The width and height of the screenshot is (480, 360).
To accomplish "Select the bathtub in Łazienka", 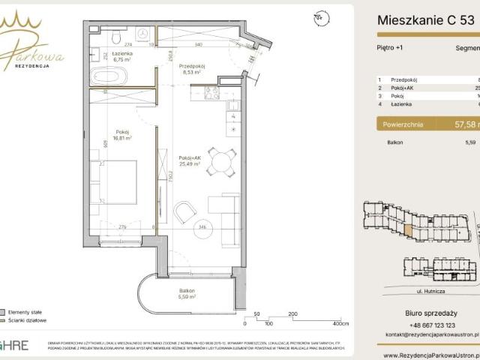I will pyautogui.click(x=109, y=76).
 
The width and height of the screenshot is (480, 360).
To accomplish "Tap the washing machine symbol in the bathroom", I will pyautogui.click(x=142, y=34).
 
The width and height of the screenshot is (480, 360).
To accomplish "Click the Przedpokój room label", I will pyautogui.click(x=192, y=66).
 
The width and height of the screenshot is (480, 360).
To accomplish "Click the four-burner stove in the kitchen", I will pyautogui.click(x=210, y=93).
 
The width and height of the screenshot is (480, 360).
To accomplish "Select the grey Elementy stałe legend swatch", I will pyautogui.click(x=3, y=310).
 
